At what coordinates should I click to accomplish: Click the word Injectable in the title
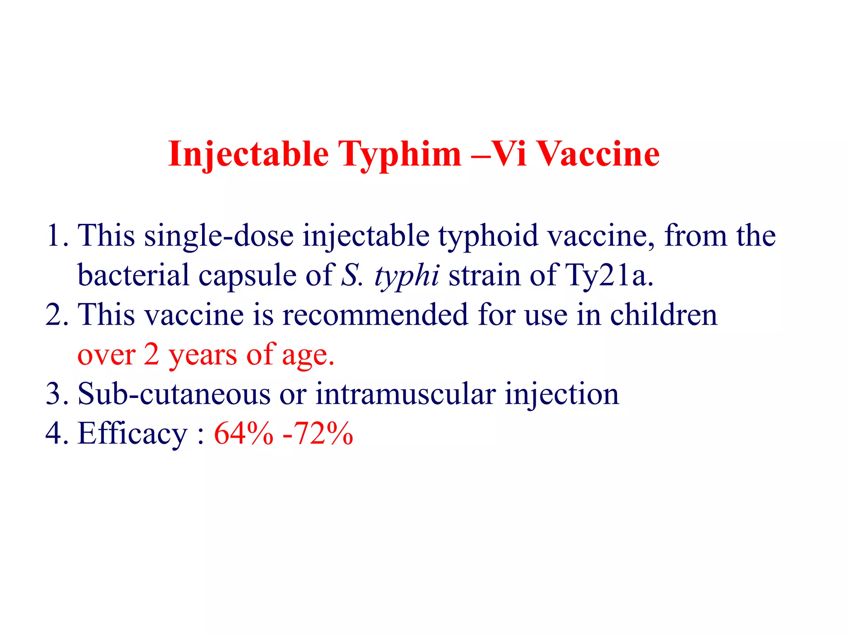(248, 154)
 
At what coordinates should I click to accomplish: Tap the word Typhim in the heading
(400, 154)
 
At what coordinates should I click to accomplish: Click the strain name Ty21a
(609, 275)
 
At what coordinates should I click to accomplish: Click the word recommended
(375, 314)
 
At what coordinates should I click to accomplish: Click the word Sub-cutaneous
(174, 393)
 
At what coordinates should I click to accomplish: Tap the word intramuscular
(405, 393)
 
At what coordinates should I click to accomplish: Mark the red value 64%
(243, 433)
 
